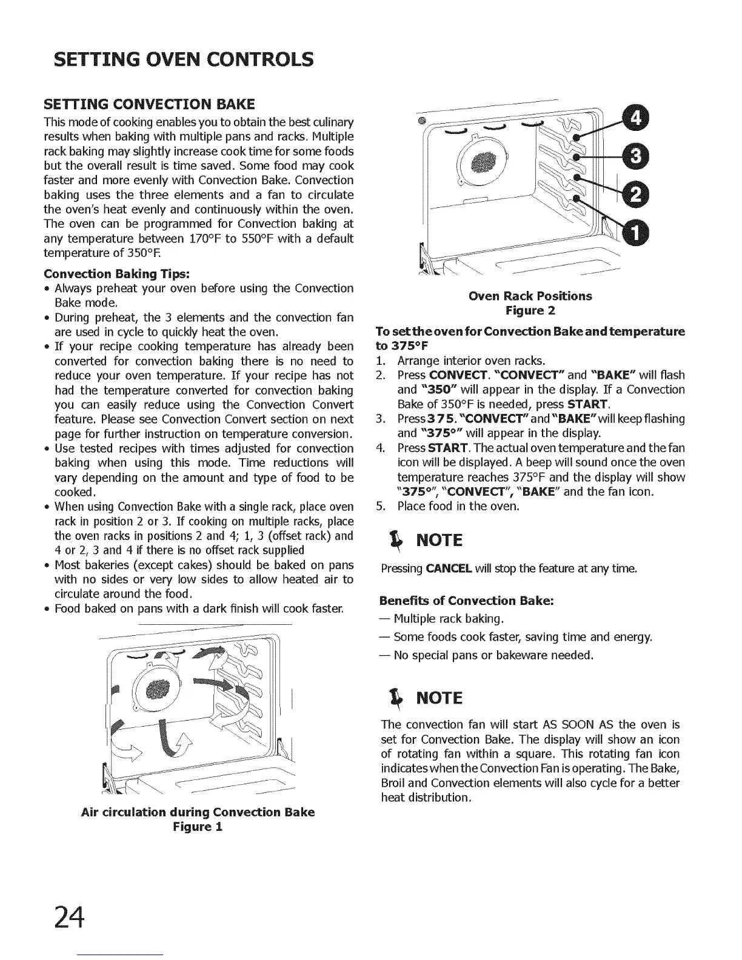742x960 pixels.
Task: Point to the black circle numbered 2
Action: pyautogui.click(x=635, y=195)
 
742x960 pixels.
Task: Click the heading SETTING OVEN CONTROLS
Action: pyautogui.click(x=183, y=59)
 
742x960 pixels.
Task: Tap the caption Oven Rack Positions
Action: pyautogui.click(x=530, y=296)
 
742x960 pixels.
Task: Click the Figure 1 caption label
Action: pyautogui.click(x=198, y=827)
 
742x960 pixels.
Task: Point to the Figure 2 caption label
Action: pyautogui.click(x=530, y=311)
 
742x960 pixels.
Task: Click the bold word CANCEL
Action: pyautogui.click(x=449, y=568)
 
